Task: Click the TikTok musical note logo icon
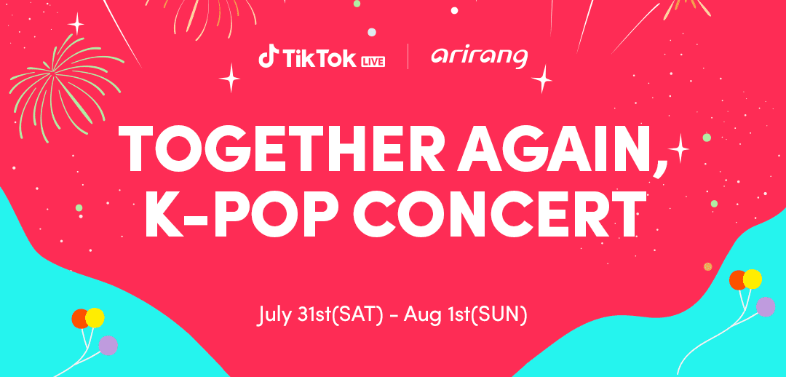[x=266, y=56]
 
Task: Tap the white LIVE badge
[x=373, y=62]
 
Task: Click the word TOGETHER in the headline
[x=281, y=149]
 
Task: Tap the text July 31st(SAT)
[x=320, y=315]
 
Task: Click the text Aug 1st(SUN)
[x=466, y=315]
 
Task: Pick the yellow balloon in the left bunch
[x=95, y=318]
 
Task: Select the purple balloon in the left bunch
[x=108, y=346]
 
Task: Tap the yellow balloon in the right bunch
[x=753, y=279]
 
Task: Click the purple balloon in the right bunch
[x=766, y=307]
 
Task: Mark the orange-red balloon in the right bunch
[x=737, y=280]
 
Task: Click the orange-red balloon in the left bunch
[x=80, y=319]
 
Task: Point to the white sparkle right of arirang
[x=542, y=79]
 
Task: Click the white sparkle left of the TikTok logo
[x=230, y=78]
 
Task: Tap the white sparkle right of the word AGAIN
[x=678, y=148]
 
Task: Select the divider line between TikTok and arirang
[x=408, y=57]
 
